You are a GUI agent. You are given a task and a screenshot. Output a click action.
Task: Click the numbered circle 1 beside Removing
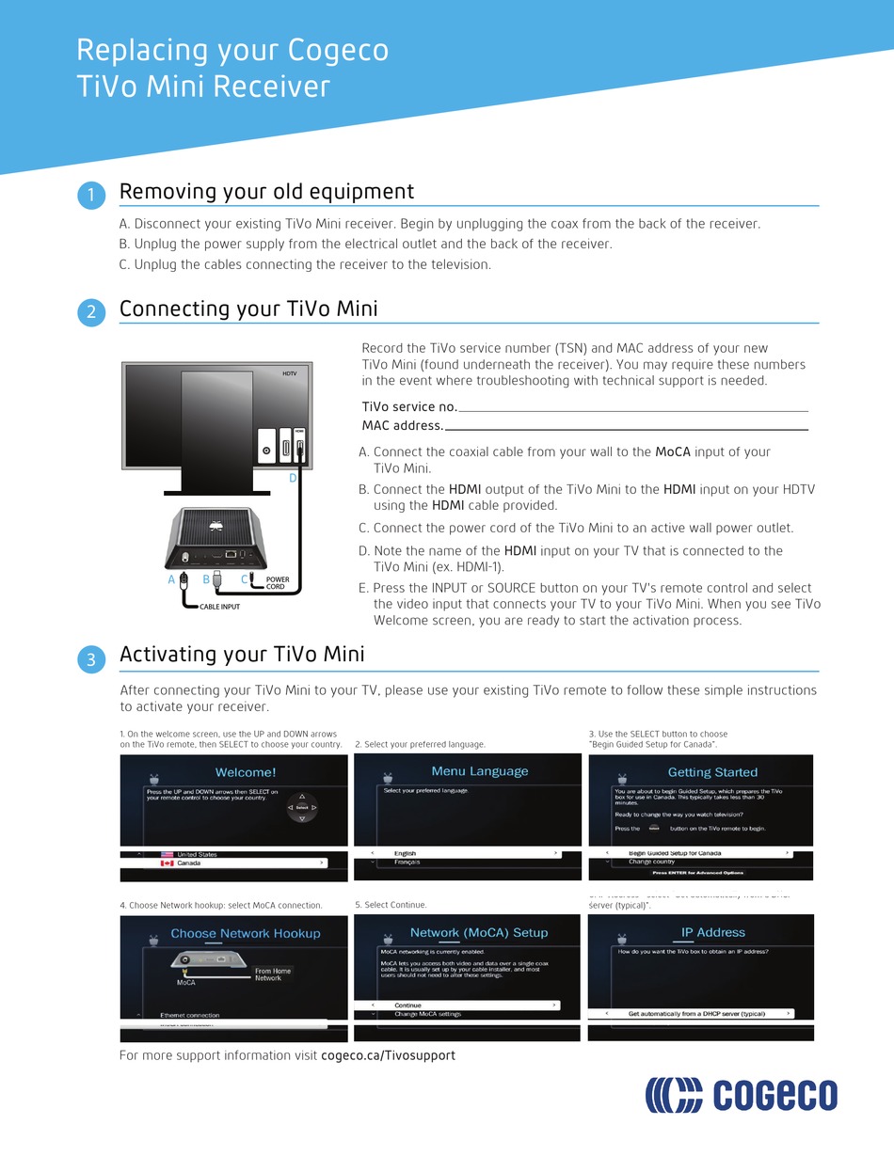(x=90, y=196)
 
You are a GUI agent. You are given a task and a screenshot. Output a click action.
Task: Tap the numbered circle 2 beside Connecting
(x=90, y=313)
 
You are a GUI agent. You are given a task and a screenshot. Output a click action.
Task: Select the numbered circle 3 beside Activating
(x=90, y=659)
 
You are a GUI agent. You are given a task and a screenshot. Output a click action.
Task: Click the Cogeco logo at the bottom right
(x=741, y=1096)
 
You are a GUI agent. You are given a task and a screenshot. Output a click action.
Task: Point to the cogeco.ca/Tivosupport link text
(x=388, y=1055)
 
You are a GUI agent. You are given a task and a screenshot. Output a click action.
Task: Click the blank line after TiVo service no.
(x=632, y=409)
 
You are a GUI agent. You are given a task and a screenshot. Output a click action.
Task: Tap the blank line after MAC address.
(x=626, y=428)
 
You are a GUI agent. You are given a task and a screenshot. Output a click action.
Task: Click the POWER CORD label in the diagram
(x=278, y=583)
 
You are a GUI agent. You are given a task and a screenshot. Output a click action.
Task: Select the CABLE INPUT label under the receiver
(x=219, y=608)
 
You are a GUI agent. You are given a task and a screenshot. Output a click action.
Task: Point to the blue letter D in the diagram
(x=293, y=479)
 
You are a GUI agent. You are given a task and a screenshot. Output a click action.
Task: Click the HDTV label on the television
(x=289, y=373)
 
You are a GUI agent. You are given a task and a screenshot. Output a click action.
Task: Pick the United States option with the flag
(x=196, y=854)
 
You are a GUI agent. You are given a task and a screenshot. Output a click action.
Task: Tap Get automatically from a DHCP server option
(x=696, y=1013)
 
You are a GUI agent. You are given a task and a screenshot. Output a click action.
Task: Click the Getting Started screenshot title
(x=712, y=772)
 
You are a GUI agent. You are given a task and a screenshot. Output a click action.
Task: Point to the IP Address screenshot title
(x=712, y=932)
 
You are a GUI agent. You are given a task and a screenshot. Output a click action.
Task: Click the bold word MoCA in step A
(x=673, y=451)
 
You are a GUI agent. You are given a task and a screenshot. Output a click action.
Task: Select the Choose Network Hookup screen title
(x=245, y=933)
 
